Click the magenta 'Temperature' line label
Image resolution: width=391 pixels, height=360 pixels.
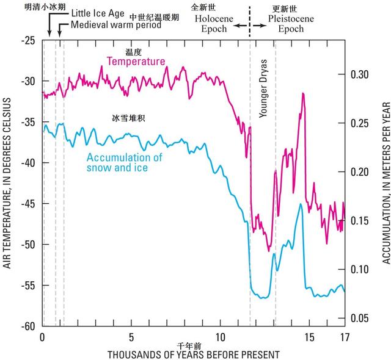(136, 61)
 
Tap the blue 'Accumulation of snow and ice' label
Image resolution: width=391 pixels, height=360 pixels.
(124, 162)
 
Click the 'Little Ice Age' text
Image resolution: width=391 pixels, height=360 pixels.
(98, 13)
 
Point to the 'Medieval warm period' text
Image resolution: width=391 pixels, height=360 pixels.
(115, 25)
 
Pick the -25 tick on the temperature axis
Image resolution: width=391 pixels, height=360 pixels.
(28, 40)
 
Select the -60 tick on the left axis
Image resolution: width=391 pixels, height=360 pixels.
(28, 326)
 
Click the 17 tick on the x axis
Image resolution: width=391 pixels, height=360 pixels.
(344, 337)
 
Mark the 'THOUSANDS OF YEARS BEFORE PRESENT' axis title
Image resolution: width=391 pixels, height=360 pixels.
(193, 354)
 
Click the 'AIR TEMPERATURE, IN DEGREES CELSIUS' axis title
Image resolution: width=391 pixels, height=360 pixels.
(7, 184)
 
